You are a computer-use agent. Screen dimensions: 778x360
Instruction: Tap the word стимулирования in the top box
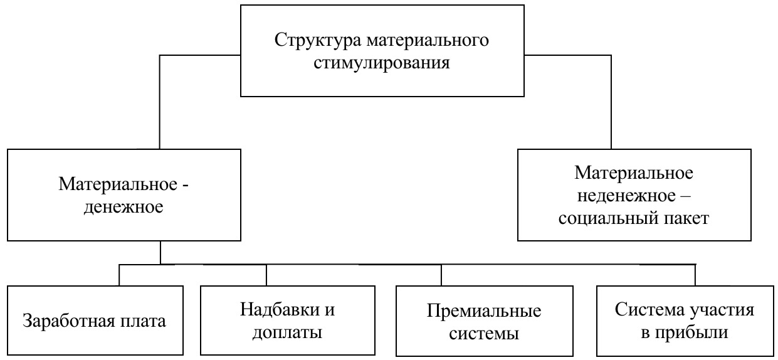pos(382,63)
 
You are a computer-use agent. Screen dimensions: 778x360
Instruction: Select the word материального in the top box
pos(428,40)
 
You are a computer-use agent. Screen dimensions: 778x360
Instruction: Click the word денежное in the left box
pos(124,208)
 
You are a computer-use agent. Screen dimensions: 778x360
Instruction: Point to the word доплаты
pos(287,333)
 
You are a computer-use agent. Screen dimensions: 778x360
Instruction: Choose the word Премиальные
pos(484,310)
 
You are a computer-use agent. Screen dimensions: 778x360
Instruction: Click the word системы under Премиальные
pos(484,334)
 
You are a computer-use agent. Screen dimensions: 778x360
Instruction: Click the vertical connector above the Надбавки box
pos(266,275)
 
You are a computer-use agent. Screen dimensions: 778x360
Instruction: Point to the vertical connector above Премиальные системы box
pos(441,275)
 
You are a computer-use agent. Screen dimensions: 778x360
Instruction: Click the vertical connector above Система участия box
pos(695,275)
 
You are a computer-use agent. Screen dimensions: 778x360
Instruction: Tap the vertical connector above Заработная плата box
pos(119,275)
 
